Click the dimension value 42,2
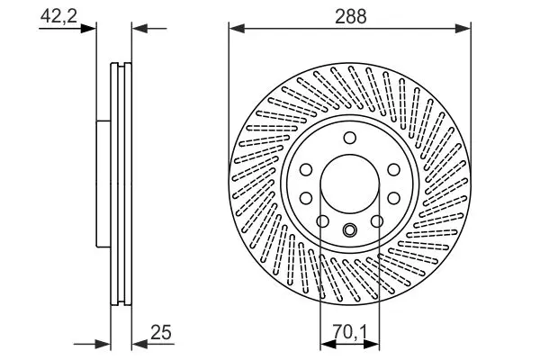tap(58, 15)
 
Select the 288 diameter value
tap(351, 16)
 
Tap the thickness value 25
tap(160, 333)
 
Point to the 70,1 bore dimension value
tap(350, 332)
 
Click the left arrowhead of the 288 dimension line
tap(237, 29)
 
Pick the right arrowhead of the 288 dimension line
tap(463, 29)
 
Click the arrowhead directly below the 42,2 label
tap(88, 29)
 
